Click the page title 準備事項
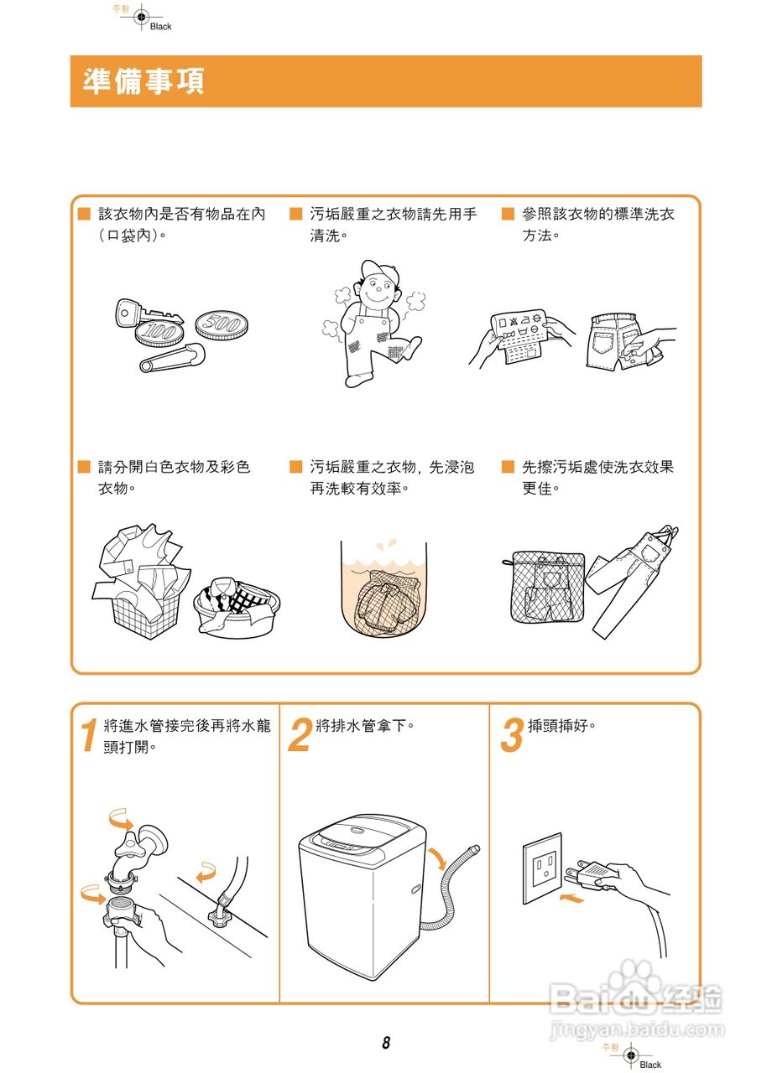[x=143, y=81]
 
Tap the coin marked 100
[x=159, y=331]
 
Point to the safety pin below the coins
[x=173, y=358]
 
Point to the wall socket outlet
[x=543, y=868]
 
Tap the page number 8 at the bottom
[x=386, y=1043]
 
